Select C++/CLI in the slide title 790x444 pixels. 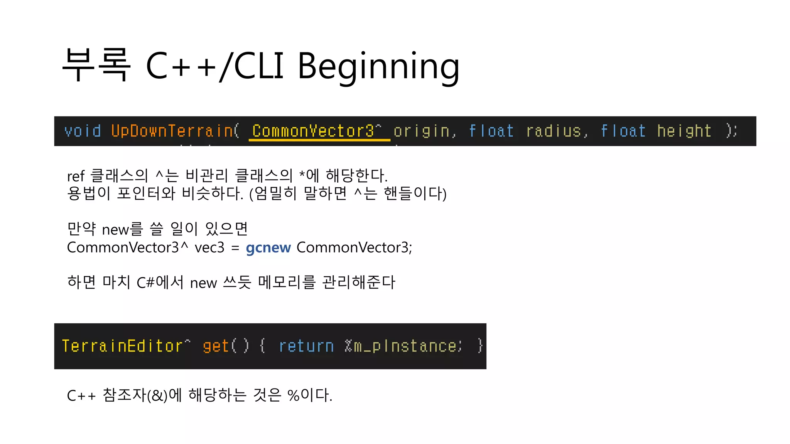(x=214, y=66)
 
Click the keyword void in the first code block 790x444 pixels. (x=83, y=131)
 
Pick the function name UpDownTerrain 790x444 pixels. (x=172, y=131)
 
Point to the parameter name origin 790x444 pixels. (x=422, y=131)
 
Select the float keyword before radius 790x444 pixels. (x=491, y=131)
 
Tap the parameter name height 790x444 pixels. (x=684, y=131)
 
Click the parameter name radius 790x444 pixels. (x=554, y=131)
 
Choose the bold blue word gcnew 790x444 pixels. (x=268, y=247)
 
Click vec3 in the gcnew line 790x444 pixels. (x=209, y=247)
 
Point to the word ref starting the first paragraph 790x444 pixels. (x=76, y=177)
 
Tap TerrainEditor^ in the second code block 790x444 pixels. (x=126, y=346)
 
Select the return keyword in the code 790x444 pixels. (x=306, y=346)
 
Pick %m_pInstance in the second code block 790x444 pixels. (x=403, y=346)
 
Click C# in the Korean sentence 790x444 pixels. (x=145, y=283)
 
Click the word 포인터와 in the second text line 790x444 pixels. (x=146, y=193)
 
